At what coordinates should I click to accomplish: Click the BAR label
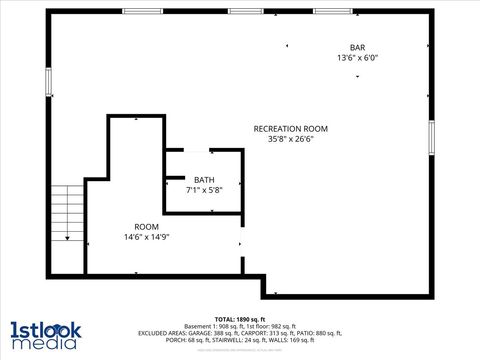pyautogui.click(x=357, y=47)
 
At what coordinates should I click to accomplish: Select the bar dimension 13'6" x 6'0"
pyautogui.click(x=357, y=58)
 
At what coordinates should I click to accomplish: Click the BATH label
pyautogui.click(x=204, y=180)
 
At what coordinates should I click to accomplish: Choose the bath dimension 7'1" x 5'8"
pyautogui.click(x=204, y=190)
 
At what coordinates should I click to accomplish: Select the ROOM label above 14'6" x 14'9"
pyautogui.click(x=146, y=227)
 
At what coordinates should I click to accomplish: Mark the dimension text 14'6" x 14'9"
pyautogui.click(x=146, y=237)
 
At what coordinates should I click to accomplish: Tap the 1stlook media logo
pyautogui.click(x=46, y=334)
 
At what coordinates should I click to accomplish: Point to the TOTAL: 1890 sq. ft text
pyautogui.click(x=239, y=318)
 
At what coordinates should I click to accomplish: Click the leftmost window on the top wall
pyautogui.click(x=142, y=11)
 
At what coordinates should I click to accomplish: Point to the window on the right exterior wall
pyautogui.click(x=432, y=138)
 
